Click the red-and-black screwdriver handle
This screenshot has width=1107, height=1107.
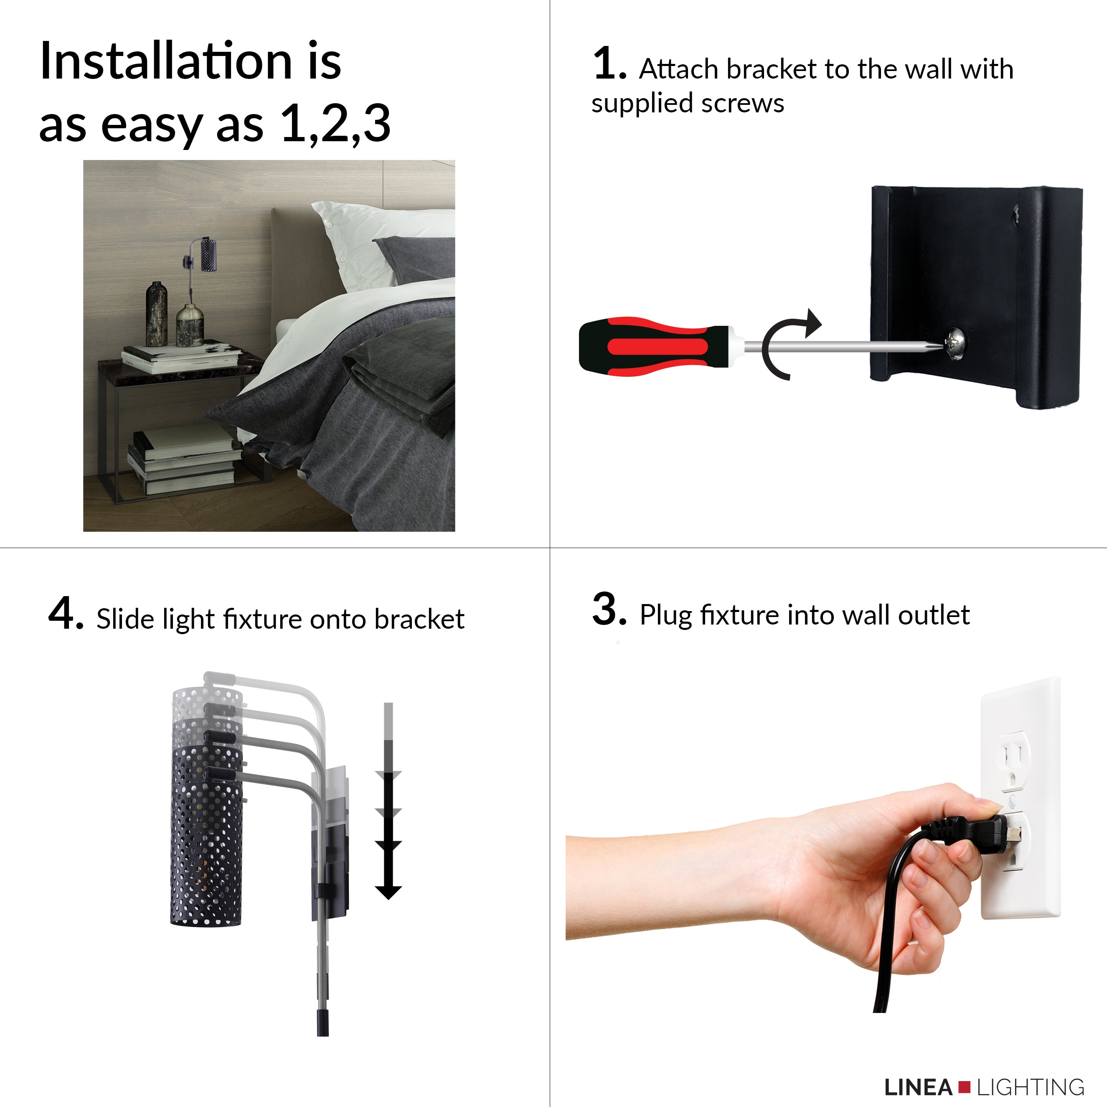(x=653, y=346)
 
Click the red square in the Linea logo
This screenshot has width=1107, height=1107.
(x=964, y=1086)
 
